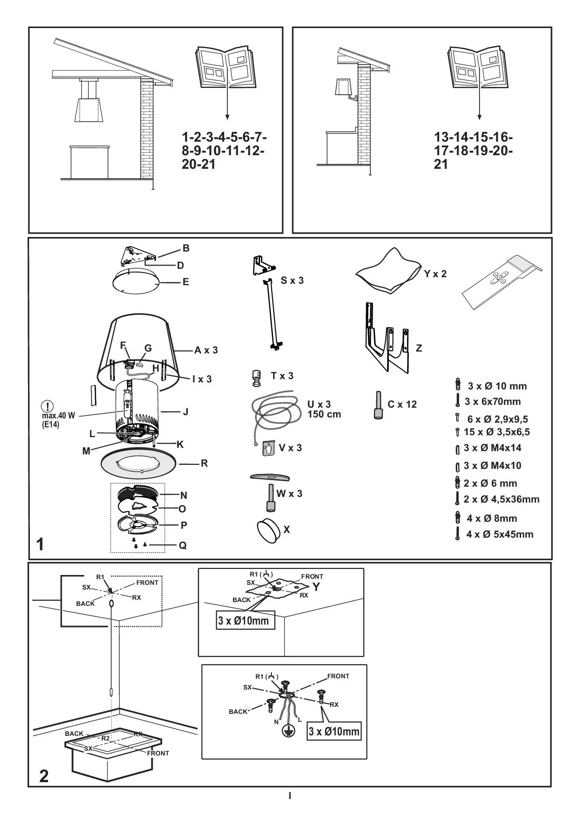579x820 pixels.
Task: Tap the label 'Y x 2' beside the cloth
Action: pyautogui.click(x=435, y=274)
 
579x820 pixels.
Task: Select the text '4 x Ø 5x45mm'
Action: pyautogui.click(x=499, y=534)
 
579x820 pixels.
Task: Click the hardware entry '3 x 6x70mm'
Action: pyautogui.click(x=492, y=402)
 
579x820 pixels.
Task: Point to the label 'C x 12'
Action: pyautogui.click(x=402, y=404)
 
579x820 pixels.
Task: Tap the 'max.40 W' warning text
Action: pyautogui.click(x=58, y=416)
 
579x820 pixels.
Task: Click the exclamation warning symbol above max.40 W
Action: pyautogui.click(x=48, y=406)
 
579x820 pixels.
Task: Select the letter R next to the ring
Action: pyautogui.click(x=204, y=463)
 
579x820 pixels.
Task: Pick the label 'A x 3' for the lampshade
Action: pyautogui.click(x=206, y=350)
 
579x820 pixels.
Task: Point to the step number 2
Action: pyautogui.click(x=44, y=776)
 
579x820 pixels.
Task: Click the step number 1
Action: pyautogui.click(x=41, y=544)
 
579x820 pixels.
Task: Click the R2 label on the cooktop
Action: pyautogui.click(x=106, y=738)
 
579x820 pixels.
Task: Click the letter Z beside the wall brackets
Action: pyautogui.click(x=419, y=348)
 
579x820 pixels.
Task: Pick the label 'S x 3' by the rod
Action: pyautogui.click(x=292, y=281)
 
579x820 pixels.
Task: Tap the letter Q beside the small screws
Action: pyautogui.click(x=183, y=546)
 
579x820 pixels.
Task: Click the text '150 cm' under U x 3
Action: pyautogui.click(x=324, y=414)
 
